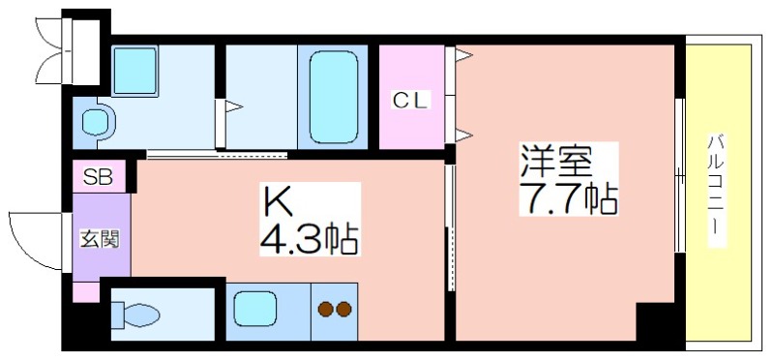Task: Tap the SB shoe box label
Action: click(x=98, y=177)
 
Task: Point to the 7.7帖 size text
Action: click(x=568, y=198)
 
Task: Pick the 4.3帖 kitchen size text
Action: click(x=310, y=237)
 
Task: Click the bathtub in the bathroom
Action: click(x=333, y=98)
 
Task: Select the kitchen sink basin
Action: click(x=254, y=309)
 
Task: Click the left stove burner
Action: click(x=324, y=309)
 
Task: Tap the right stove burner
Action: click(x=343, y=309)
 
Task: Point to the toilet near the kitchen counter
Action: click(x=135, y=315)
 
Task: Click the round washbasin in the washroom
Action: click(x=95, y=122)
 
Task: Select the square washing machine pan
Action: click(x=134, y=71)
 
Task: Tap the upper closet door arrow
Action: click(x=464, y=55)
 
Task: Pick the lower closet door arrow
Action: click(x=464, y=135)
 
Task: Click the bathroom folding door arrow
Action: click(x=234, y=106)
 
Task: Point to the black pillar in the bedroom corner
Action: click(x=655, y=321)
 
